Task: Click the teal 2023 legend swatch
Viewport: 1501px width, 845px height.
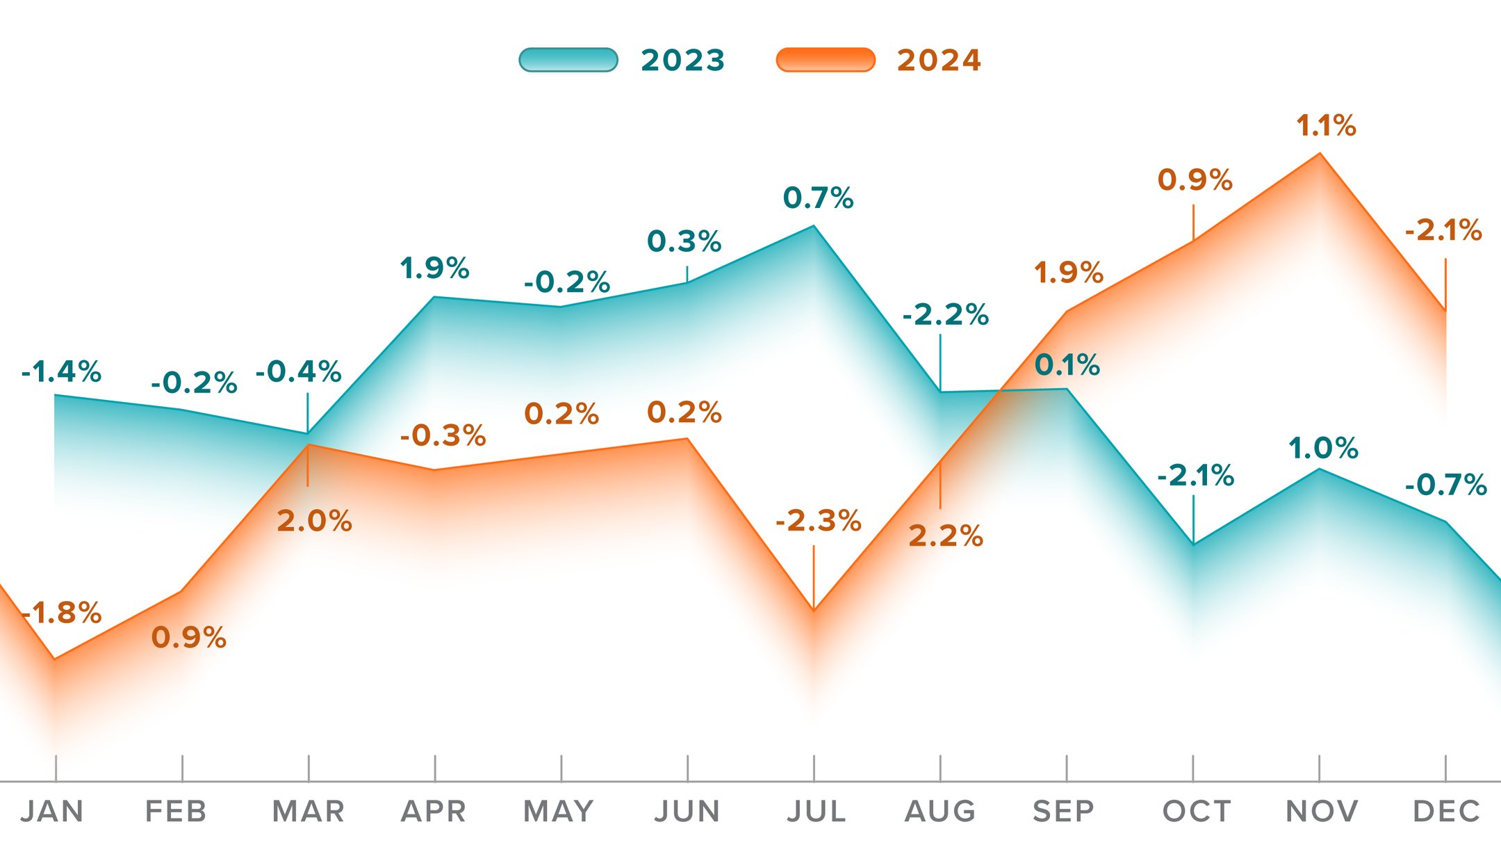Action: point(568,60)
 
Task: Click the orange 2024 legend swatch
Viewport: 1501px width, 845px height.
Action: point(825,60)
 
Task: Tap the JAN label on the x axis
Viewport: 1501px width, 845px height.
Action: point(52,811)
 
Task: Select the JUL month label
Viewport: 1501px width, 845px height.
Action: point(816,811)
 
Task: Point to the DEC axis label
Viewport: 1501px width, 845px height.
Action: point(1446,811)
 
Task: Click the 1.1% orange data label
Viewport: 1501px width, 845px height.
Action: point(1326,126)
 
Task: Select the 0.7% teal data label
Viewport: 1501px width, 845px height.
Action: point(818,198)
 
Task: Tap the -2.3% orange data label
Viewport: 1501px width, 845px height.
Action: point(818,520)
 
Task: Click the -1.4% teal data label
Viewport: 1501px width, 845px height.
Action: point(61,372)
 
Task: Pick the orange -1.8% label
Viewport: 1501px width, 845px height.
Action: point(63,613)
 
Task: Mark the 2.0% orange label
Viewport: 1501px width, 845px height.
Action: point(314,521)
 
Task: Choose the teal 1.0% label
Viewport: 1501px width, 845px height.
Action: point(1323,448)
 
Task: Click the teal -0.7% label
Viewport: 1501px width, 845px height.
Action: point(1445,485)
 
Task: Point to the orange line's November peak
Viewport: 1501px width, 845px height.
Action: point(1320,154)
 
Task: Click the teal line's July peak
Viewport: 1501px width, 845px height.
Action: point(814,226)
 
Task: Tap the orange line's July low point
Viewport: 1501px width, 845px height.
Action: point(814,611)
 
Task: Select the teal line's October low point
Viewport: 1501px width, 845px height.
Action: point(1193,544)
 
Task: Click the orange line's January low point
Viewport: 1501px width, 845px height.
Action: point(55,659)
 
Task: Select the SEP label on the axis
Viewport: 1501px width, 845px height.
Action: point(1063,811)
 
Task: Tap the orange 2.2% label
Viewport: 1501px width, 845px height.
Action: point(945,536)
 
